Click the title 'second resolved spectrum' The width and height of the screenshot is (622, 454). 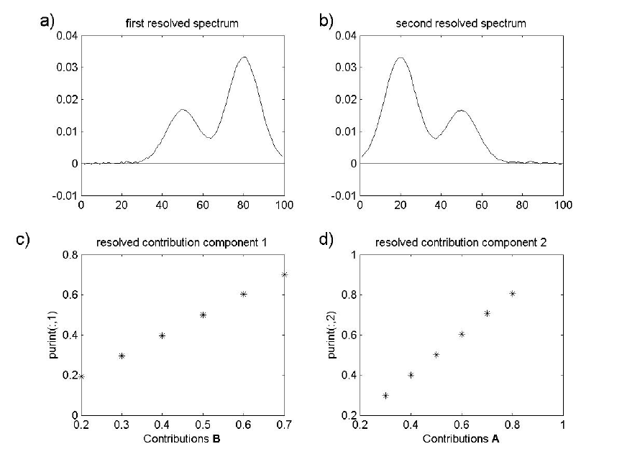(461, 24)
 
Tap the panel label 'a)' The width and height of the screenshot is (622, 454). (47, 21)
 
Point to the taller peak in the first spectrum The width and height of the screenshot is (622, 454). (244, 57)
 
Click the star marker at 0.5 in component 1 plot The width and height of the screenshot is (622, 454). (203, 315)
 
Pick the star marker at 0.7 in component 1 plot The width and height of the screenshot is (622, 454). (285, 274)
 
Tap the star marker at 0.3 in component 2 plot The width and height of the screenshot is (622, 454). (385, 396)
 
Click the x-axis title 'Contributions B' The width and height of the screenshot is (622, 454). (183, 438)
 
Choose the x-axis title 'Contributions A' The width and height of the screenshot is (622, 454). (461, 438)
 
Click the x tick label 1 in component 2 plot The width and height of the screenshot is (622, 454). (563, 425)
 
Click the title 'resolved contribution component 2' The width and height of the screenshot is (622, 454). (461, 243)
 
